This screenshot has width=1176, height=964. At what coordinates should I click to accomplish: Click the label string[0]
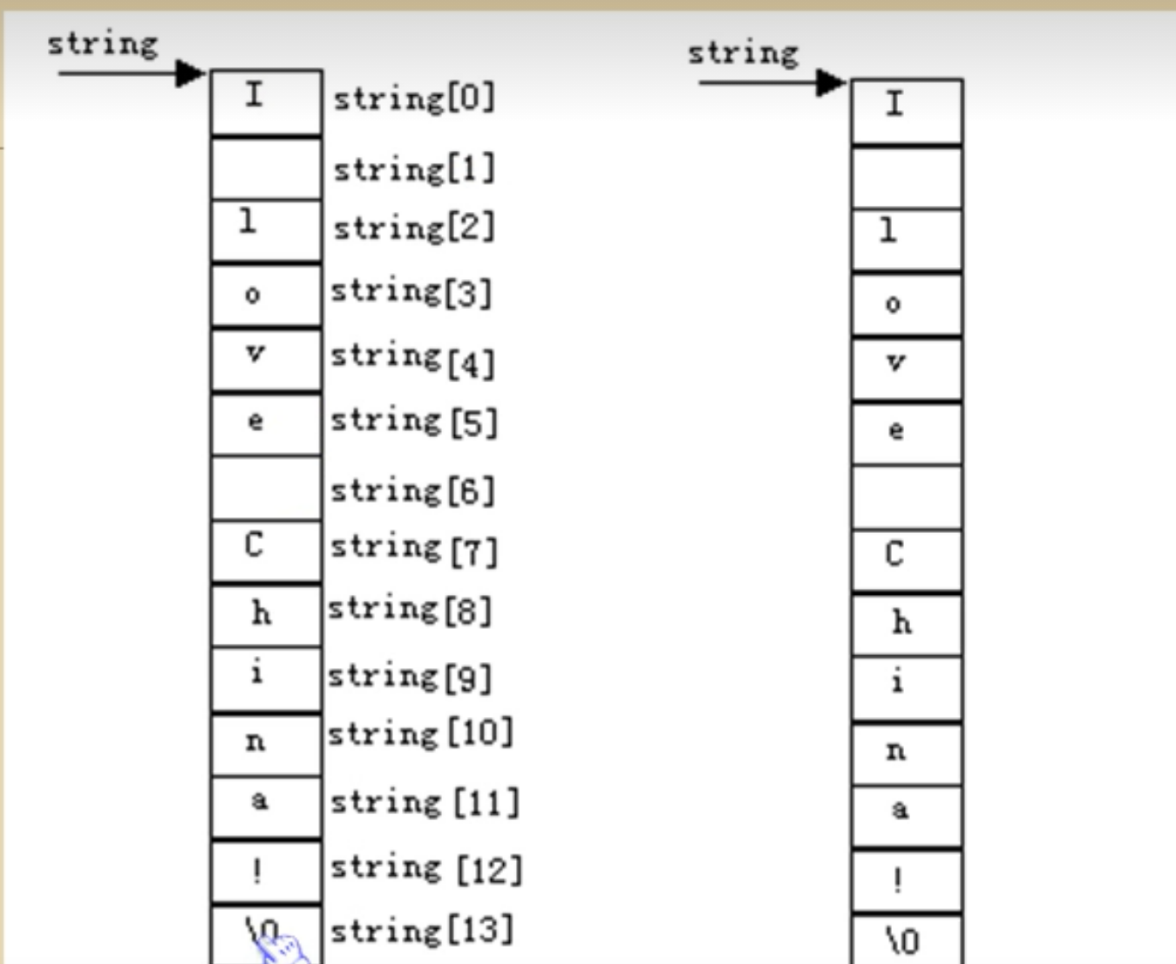tap(414, 98)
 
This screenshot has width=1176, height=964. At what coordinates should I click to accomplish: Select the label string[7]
tap(413, 550)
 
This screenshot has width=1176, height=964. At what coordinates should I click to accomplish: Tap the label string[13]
tap(421, 930)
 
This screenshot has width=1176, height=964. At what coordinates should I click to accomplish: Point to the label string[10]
tap(420, 734)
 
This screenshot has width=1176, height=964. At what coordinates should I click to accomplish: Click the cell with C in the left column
tap(266, 550)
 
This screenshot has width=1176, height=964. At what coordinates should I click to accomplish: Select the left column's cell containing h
tap(266, 615)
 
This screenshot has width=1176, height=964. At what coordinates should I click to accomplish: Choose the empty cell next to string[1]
tap(266, 168)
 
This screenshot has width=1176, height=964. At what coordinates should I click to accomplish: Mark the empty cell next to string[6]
tap(266, 489)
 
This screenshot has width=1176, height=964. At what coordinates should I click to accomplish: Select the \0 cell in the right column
tap(907, 940)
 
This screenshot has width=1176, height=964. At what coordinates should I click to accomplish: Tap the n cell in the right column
tap(907, 753)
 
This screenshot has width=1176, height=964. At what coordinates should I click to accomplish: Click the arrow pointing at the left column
tap(131, 73)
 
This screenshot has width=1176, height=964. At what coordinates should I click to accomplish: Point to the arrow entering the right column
tap(772, 83)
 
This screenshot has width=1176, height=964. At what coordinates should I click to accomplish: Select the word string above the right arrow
tap(743, 53)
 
